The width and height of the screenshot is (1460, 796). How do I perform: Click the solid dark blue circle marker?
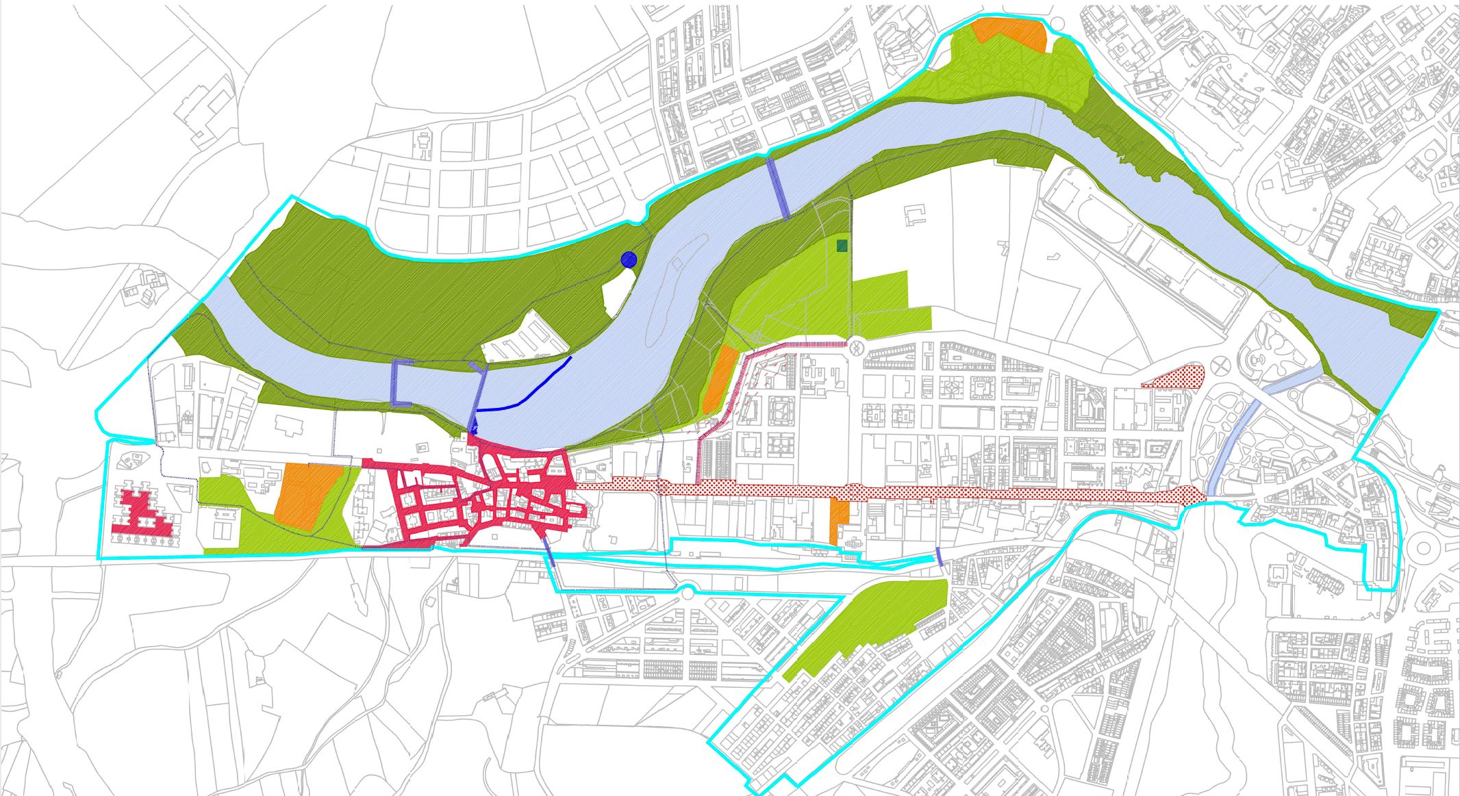tap(629, 259)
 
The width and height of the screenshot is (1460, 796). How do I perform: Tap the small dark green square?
tap(842, 246)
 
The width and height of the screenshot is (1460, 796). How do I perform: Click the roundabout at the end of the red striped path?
tap(855, 347)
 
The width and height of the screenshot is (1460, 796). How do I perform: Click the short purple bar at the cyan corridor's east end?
tap(940, 556)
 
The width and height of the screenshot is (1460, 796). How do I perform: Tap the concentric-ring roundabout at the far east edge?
tap(1423, 548)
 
